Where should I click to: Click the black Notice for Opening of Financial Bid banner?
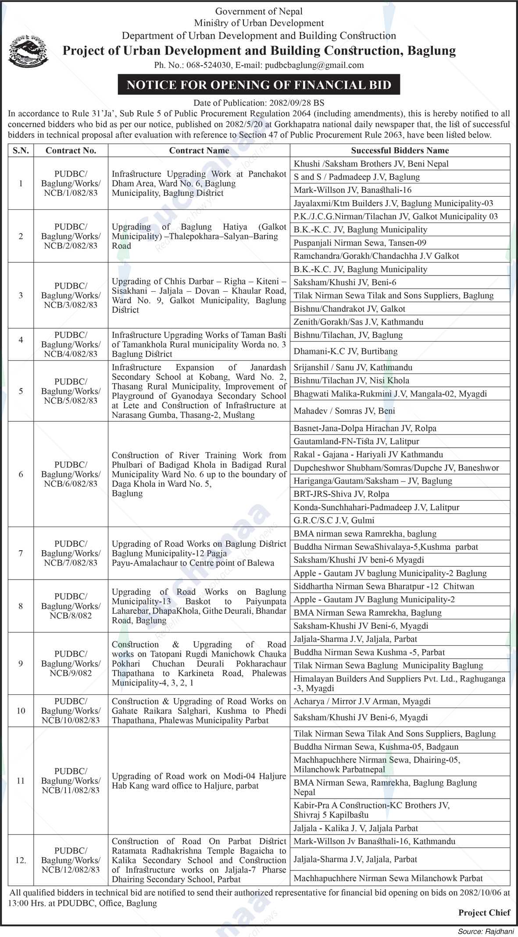point(259,85)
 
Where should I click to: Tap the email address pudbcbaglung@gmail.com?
point(313,65)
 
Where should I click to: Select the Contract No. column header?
point(71,150)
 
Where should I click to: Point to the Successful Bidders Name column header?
point(400,150)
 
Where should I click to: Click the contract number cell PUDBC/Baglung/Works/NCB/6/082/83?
point(71,474)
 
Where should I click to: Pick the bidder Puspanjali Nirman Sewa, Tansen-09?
point(360,243)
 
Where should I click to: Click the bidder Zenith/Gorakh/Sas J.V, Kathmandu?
point(358,322)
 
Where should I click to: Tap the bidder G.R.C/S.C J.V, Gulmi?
point(334,520)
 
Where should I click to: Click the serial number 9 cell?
point(21,663)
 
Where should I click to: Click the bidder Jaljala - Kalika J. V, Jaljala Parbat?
point(356,828)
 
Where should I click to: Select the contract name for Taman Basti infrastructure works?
point(199,344)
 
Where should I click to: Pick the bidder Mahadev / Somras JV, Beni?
point(344,410)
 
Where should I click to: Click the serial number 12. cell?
point(21,860)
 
